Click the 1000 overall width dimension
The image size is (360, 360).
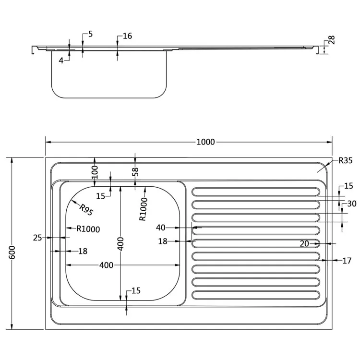pyautogui.click(x=205, y=142)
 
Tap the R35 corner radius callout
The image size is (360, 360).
pyautogui.click(x=345, y=161)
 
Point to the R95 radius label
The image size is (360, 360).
pyautogui.click(x=85, y=210)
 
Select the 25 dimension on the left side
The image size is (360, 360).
pyautogui.click(x=38, y=237)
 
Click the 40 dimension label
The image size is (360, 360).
pyautogui.click(x=161, y=228)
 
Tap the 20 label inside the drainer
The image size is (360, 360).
pyautogui.click(x=304, y=244)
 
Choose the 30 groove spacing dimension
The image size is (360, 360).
pyautogui.click(x=352, y=204)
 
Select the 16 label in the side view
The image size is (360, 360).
pyautogui.click(x=127, y=36)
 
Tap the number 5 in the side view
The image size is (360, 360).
pyautogui.click(x=91, y=34)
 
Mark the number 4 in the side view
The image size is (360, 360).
pyautogui.click(x=61, y=60)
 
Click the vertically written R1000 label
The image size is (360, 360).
pyautogui.click(x=143, y=209)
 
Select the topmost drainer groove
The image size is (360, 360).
pyautogui.click(x=256, y=192)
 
